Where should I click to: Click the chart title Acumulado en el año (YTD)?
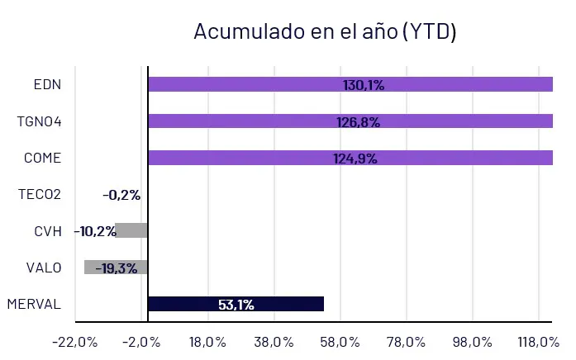point(325,31)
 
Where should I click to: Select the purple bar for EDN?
point(248,84)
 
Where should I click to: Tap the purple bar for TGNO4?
point(248,121)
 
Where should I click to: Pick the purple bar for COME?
point(248,158)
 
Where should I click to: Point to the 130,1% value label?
point(364,84)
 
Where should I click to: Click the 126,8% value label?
point(358,121)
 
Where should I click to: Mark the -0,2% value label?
point(121,195)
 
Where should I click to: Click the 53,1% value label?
point(236,304)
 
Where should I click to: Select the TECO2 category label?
point(39,195)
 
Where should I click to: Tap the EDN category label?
point(47,84)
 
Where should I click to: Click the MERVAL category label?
point(34,304)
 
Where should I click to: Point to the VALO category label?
point(43,267)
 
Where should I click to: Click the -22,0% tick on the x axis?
point(74,342)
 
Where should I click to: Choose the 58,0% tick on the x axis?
point(340,342)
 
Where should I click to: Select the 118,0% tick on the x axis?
point(539,342)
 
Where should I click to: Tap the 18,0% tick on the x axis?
point(207,342)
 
